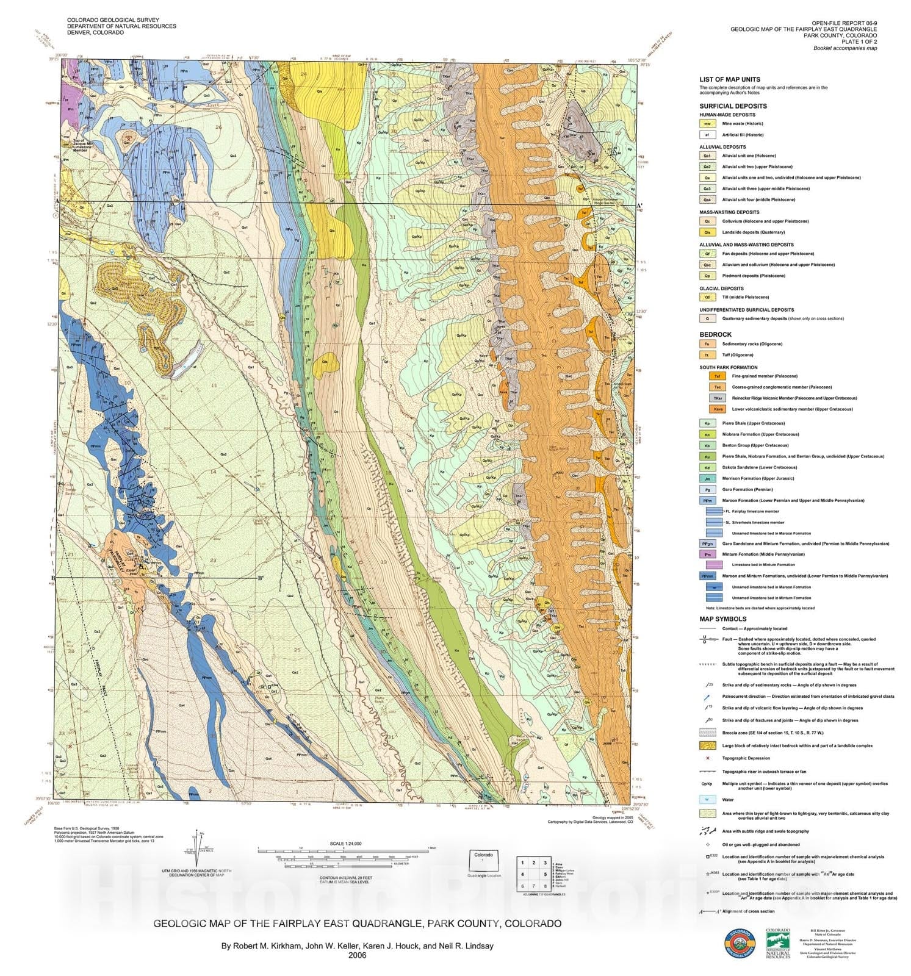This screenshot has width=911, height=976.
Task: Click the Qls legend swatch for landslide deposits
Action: [x=707, y=232]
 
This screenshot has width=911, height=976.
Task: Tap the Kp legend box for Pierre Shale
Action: [x=707, y=423]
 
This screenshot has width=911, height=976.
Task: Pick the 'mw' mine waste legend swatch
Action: [x=707, y=123]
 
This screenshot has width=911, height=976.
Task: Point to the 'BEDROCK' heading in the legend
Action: [x=715, y=334]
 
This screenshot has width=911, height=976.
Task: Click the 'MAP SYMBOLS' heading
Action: [x=723, y=619]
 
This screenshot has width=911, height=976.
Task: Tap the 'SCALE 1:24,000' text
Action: [x=345, y=843]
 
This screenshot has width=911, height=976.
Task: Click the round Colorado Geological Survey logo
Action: [x=739, y=944]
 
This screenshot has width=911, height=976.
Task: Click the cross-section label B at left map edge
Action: [x=54, y=578]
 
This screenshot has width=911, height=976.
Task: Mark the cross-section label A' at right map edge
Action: [x=639, y=206]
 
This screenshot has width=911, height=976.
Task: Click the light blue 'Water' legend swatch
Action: [x=707, y=799]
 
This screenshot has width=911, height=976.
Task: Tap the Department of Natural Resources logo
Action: [x=778, y=943]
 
